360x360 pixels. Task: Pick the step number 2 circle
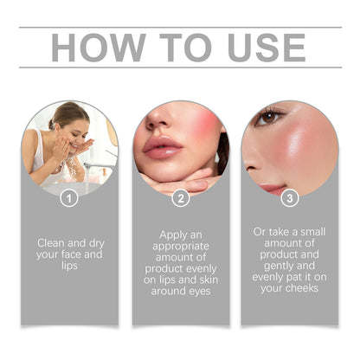click(181, 197)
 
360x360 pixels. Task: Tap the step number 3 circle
click(290, 197)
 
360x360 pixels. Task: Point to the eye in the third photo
click(269, 116)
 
